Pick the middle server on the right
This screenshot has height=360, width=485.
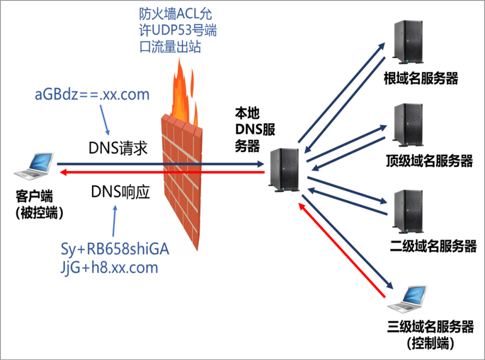[x=408, y=124]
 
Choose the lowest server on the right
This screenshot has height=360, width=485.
[x=408, y=211]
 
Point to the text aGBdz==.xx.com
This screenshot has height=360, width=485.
[x=92, y=95]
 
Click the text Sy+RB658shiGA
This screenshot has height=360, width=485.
[x=115, y=249]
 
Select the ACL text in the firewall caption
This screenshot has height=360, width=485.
[x=185, y=14]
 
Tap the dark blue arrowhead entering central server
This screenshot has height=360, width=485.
[x=261, y=164]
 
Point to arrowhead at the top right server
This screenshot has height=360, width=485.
[x=382, y=45]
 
